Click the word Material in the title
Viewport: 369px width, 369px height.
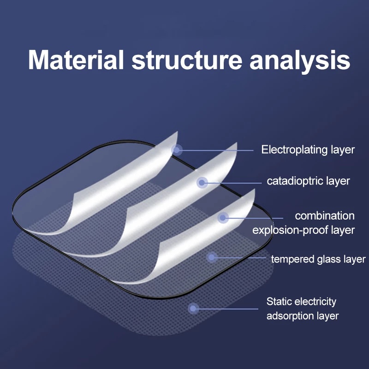point(76,60)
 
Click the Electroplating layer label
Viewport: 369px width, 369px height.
point(308,150)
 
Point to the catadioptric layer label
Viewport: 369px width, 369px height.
point(308,181)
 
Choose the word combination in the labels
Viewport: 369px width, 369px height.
point(325,216)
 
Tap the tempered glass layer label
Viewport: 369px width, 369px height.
point(318,259)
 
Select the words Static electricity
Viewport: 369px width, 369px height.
point(301,302)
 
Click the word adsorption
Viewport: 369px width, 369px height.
point(290,316)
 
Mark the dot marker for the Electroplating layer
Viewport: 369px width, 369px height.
point(177,150)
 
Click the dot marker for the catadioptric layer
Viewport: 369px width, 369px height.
point(202,183)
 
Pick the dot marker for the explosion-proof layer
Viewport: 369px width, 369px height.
point(223,218)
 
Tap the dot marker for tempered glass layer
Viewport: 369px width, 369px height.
point(212,257)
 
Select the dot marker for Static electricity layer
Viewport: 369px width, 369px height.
point(193,309)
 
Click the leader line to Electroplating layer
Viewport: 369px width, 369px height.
point(215,150)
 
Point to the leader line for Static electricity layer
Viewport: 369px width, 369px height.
point(226,309)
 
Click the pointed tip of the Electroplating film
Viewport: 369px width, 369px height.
point(178,132)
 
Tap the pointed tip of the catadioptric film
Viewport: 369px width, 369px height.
point(237,143)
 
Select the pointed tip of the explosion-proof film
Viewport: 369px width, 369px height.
point(255,189)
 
